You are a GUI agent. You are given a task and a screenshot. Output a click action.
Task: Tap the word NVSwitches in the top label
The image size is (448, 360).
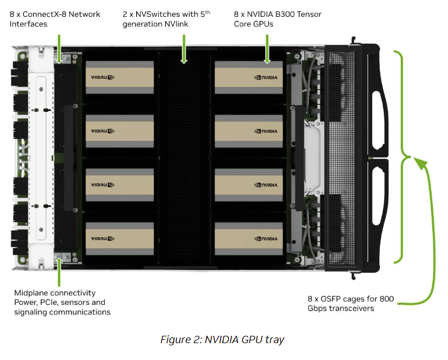tap(152, 13)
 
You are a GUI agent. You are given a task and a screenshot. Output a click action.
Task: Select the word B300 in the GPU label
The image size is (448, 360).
tap(288, 13)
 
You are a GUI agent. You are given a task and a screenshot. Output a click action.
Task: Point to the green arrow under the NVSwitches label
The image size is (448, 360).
tap(183, 48)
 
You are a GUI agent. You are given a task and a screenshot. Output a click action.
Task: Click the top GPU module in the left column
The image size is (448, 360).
tap(119, 76)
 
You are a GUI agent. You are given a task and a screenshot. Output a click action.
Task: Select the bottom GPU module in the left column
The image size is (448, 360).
tap(119, 238)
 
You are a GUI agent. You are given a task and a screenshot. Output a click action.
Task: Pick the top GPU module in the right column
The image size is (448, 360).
tap(248, 76)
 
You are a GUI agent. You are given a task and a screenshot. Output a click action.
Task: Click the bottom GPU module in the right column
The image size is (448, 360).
tap(248, 238)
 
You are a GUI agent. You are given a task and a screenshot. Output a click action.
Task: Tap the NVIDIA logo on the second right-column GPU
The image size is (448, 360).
tap(266, 131)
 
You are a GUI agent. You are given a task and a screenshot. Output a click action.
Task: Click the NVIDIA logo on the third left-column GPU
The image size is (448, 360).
tap(103, 185)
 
